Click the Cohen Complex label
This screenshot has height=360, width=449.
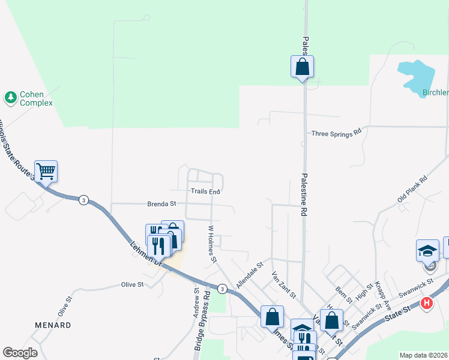36,98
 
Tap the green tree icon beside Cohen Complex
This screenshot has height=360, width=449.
10,96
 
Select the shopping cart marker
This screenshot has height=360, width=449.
46,172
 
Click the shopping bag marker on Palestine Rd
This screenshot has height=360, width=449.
303,67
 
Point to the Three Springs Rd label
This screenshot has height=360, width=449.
336,133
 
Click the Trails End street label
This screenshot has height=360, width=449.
206,191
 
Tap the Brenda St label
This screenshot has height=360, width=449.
161,204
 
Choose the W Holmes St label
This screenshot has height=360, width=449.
211,244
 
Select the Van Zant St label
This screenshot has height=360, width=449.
283,284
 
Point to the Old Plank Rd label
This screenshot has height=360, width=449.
412,189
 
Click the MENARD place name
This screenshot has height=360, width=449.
53,325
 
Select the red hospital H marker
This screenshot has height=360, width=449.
427,303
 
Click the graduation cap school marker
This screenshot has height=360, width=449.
427,251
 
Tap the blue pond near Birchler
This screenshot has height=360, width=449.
417,75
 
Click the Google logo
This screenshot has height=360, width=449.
20,353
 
